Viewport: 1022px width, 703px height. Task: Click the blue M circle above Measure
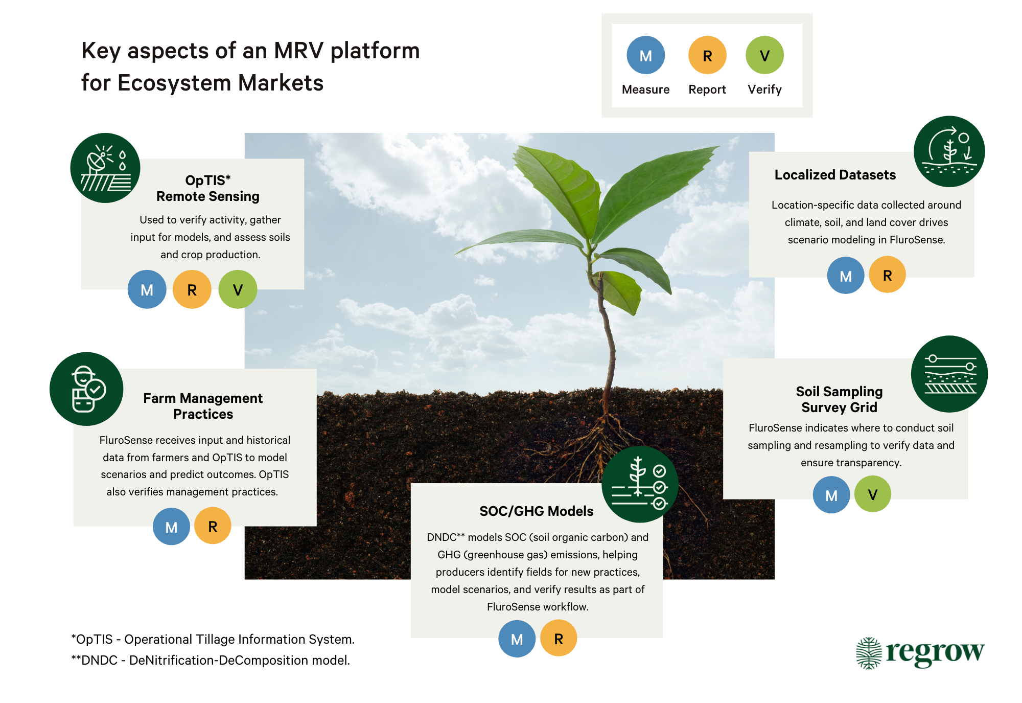click(645, 55)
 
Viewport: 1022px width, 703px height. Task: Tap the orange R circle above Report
click(707, 55)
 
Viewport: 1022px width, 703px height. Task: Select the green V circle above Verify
click(764, 55)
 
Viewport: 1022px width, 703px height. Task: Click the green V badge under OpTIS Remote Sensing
click(238, 289)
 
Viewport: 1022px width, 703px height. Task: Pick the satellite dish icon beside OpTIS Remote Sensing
click(105, 168)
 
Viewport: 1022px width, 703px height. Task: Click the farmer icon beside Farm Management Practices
click(86, 389)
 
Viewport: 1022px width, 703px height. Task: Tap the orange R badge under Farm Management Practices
click(213, 526)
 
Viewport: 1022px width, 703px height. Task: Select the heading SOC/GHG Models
click(536, 511)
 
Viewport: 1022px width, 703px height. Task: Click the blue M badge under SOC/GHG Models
click(517, 639)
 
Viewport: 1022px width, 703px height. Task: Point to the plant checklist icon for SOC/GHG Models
click(640, 484)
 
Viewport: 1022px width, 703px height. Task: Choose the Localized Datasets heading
click(835, 175)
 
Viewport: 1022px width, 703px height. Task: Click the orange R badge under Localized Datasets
click(887, 275)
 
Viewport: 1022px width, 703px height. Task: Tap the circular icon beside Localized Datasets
click(949, 151)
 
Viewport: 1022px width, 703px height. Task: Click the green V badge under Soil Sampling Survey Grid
click(872, 494)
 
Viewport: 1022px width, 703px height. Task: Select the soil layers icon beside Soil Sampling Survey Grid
click(949, 374)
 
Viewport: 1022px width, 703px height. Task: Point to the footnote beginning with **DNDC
click(211, 660)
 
